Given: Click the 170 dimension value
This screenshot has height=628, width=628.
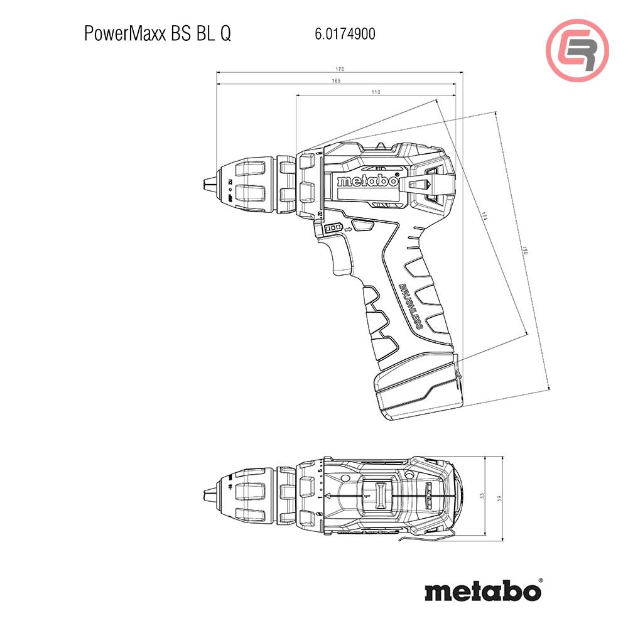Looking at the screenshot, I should (x=340, y=68).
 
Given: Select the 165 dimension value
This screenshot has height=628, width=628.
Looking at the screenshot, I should (x=335, y=80).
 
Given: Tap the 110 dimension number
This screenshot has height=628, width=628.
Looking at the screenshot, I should (x=376, y=92).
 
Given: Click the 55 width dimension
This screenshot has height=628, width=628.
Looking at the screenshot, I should (x=482, y=496).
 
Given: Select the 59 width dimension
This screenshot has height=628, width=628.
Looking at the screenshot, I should (x=500, y=498).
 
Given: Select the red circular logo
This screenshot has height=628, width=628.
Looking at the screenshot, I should (x=577, y=50).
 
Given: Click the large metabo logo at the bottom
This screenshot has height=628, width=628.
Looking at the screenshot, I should (x=482, y=591).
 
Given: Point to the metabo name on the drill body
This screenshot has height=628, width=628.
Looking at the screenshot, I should (x=367, y=181).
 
